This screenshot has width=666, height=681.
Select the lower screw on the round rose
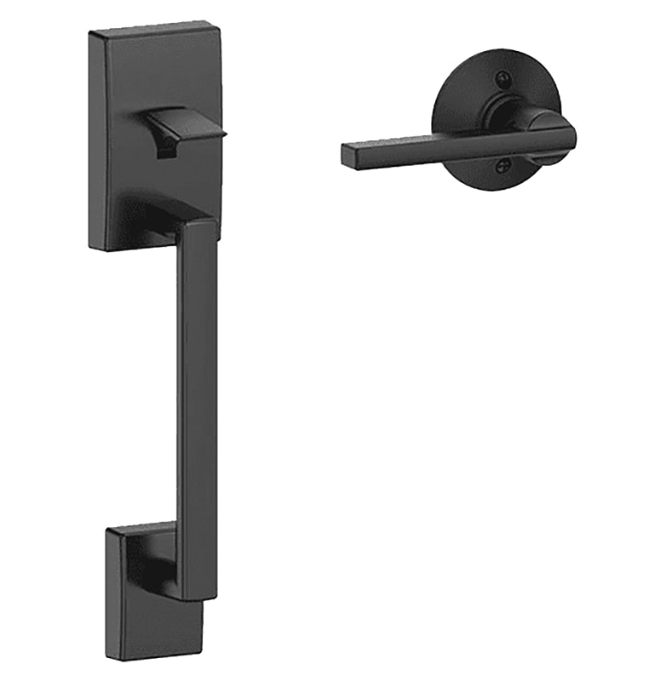[x=504, y=168]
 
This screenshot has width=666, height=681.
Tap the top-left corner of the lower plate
[x=108, y=529]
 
